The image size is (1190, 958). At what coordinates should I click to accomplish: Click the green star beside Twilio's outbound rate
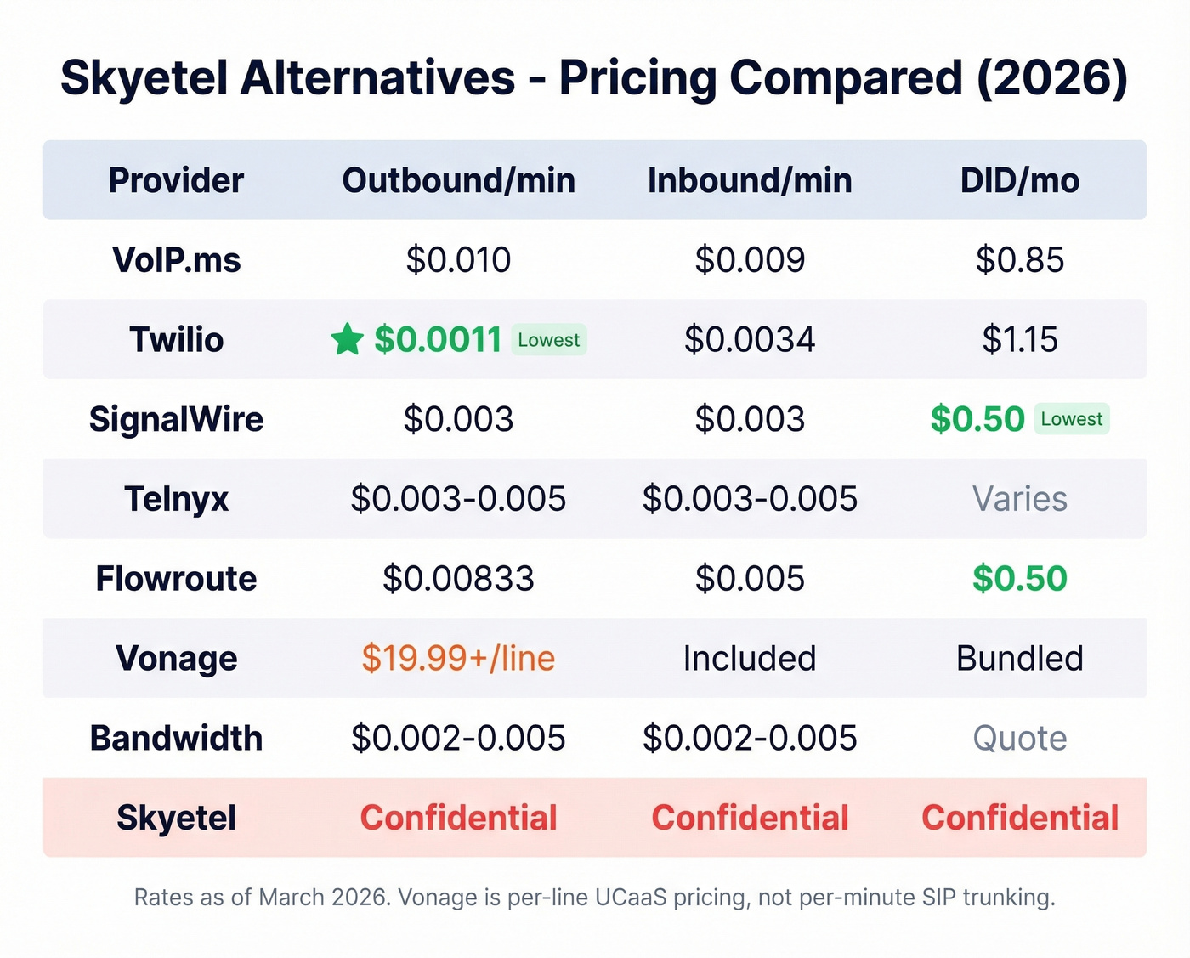[x=347, y=340]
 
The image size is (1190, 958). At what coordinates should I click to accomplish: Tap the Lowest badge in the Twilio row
[x=548, y=340]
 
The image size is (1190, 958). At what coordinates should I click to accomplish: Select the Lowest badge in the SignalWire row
[x=1071, y=419]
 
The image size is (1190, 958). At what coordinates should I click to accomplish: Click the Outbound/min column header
[x=458, y=180]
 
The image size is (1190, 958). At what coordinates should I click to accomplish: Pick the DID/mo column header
[x=1019, y=180]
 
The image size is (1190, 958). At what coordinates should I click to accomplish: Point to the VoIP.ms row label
[x=176, y=260]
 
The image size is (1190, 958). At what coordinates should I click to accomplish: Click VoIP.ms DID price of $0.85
[x=1019, y=260]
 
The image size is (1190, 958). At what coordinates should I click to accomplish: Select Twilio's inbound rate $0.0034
[x=749, y=340]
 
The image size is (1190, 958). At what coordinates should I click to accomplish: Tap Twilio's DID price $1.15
[x=1019, y=340]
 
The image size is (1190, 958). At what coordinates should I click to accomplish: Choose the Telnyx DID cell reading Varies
[x=1019, y=499]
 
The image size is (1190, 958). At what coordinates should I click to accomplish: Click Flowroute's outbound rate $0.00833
[x=458, y=579]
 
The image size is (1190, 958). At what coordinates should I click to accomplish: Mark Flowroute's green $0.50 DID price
[x=1019, y=579]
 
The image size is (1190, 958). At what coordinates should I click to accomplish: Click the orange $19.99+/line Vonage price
[x=458, y=659]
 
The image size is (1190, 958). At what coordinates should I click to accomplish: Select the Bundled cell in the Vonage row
[x=1019, y=659]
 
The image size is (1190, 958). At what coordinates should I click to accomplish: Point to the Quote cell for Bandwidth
[x=1019, y=739]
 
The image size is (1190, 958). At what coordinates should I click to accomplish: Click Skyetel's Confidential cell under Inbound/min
[x=750, y=818]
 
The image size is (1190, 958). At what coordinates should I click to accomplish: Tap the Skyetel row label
[x=176, y=818]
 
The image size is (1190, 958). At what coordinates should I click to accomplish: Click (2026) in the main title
[x=1051, y=78]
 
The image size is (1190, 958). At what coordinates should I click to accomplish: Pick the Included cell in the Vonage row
[x=749, y=659]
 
